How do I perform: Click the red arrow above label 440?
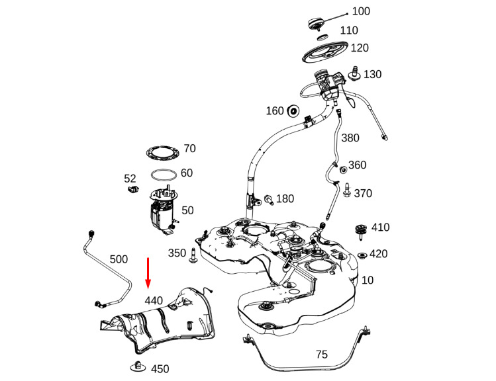pyautogui.click(x=148, y=273)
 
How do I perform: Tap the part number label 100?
pyautogui.click(x=361, y=11)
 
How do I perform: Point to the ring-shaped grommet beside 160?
pyautogui.click(x=293, y=110)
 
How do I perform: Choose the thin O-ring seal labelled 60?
pyautogui.click(x=163, y=175)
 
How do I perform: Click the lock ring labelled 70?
pyautogui.click(x=162, y=151)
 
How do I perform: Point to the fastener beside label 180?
pyautogui.click(x=269, y=199)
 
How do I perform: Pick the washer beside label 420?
pyautogui.click(x=362, y=255)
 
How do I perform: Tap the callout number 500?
pyautogui.click(x=119, y=259)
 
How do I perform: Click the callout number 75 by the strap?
pyautogui.click(x=321, y=355)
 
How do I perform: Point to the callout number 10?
pyautogui.click(x=368, y=280)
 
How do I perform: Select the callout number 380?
pyautogui.click(x=350, y=138)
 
